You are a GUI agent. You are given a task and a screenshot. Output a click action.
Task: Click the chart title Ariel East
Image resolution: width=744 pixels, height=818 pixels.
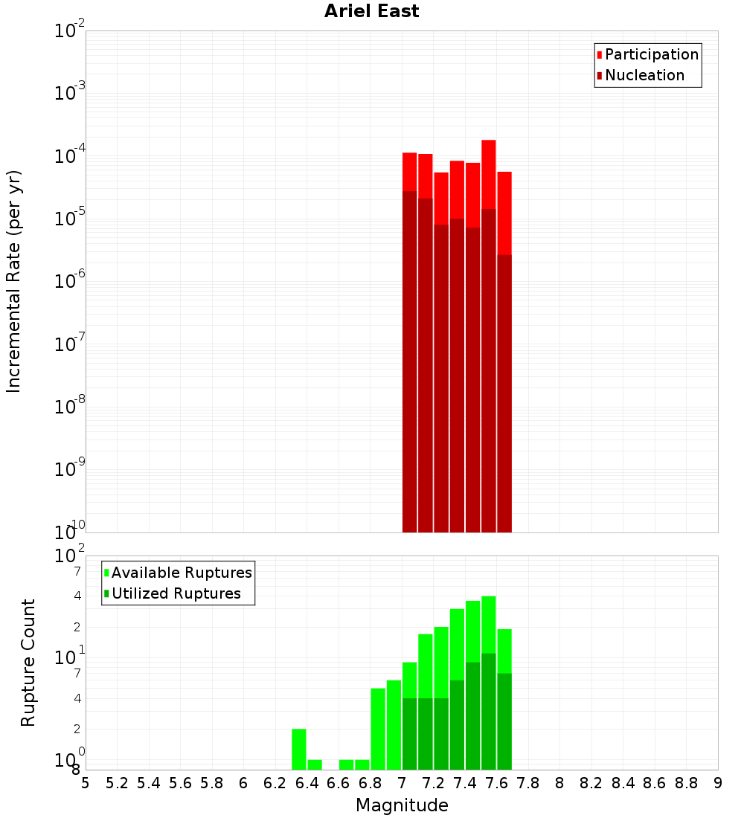[x=371, y=11]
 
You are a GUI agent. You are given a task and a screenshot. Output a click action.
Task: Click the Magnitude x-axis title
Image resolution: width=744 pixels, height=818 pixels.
[x=402, y=805]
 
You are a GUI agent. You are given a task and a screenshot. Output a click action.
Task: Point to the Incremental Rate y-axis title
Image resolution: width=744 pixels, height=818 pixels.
[x=14, y=281]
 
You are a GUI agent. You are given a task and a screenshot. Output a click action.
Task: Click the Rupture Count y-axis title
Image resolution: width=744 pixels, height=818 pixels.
[x=28, y=663]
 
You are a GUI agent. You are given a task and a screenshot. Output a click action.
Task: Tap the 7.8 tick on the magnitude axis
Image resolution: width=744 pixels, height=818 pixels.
[x=528, y=783]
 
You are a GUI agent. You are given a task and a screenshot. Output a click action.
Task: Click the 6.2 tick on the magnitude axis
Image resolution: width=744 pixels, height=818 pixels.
[x=275, y=783]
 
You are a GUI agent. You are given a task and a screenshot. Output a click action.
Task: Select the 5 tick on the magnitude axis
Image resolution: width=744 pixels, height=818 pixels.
[x=86, y=783]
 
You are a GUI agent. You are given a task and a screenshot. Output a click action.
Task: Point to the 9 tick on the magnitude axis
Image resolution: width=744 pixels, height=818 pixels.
[x=718, y=783]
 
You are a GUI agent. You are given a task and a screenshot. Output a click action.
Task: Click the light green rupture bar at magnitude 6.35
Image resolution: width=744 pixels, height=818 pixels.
[x=299, y=749]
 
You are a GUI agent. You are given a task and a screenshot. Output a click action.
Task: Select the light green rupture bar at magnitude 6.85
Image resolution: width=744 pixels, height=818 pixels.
[x=378, y=729]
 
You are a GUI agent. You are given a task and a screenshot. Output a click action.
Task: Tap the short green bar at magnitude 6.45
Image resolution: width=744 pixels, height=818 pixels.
[x=315, y=764]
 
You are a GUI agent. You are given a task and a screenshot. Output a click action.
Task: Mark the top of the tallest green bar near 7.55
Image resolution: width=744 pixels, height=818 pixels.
[x=489, y=597]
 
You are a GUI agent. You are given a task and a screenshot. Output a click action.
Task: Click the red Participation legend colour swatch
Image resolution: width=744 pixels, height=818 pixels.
[x=600, y=55]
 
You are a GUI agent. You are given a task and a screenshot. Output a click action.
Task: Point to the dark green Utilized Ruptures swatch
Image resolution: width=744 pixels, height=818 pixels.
[x=106, y=593]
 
